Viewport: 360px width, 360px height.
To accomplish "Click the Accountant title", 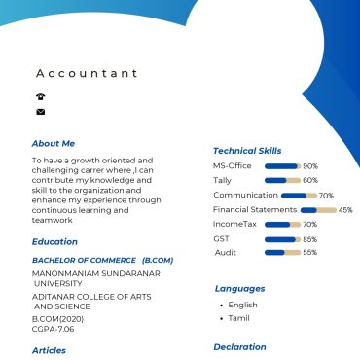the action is pos(87,73).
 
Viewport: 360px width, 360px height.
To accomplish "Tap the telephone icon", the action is pos(40,96).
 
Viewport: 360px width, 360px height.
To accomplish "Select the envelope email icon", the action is pos(40,112).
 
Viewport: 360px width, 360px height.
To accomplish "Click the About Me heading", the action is pos(53,143).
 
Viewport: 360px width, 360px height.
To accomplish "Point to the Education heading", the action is pos(54,241).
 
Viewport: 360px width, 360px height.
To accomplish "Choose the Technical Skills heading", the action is pos(247,151).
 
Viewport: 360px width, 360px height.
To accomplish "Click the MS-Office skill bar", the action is pos(282,166).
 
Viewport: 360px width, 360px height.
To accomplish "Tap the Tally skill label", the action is pos(222,180).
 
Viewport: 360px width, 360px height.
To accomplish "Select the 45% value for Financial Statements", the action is pos(345,209).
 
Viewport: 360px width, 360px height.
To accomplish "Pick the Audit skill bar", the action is pos(282,253).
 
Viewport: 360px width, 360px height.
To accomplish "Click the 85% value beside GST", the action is pos(310,239).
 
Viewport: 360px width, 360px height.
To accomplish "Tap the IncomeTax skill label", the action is pos(234,224).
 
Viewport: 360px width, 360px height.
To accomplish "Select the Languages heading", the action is pos(239,289).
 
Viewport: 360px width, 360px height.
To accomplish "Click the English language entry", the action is pos(242,305).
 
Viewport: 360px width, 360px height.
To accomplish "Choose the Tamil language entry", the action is pos(238,318).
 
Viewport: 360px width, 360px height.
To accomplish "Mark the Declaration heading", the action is pos(239,346).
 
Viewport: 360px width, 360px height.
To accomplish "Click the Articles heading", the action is pos(49,350).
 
